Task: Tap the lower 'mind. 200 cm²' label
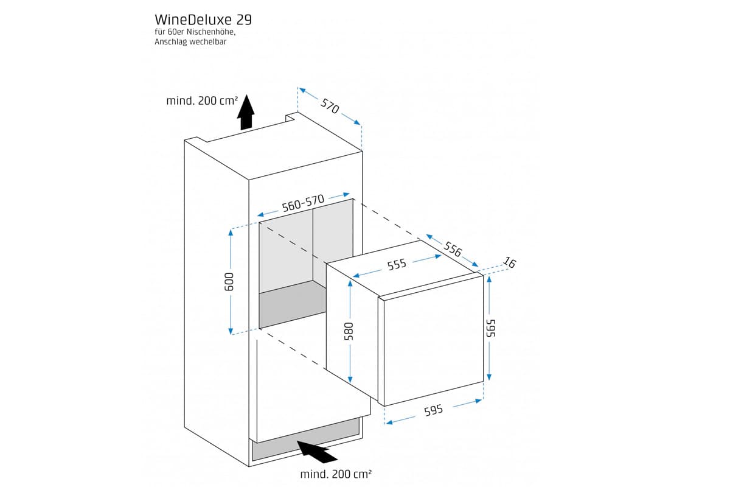(x=336, y=474)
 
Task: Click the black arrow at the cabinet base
(x=318, y=451)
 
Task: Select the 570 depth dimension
(x=329, y=107)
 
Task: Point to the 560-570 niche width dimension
(x=302, y=203)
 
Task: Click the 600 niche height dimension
(x=229, y=281)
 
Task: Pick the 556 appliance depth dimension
(x=453, y=249)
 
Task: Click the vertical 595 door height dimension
(x=490, y=329)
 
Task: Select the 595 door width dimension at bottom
(x=433, y=411)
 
